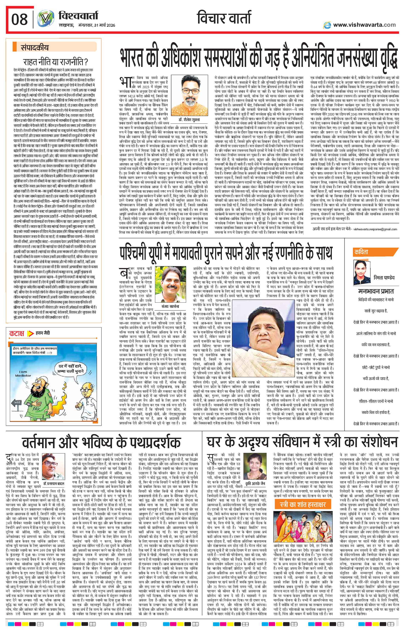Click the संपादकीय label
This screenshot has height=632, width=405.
[x=34, y=48]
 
